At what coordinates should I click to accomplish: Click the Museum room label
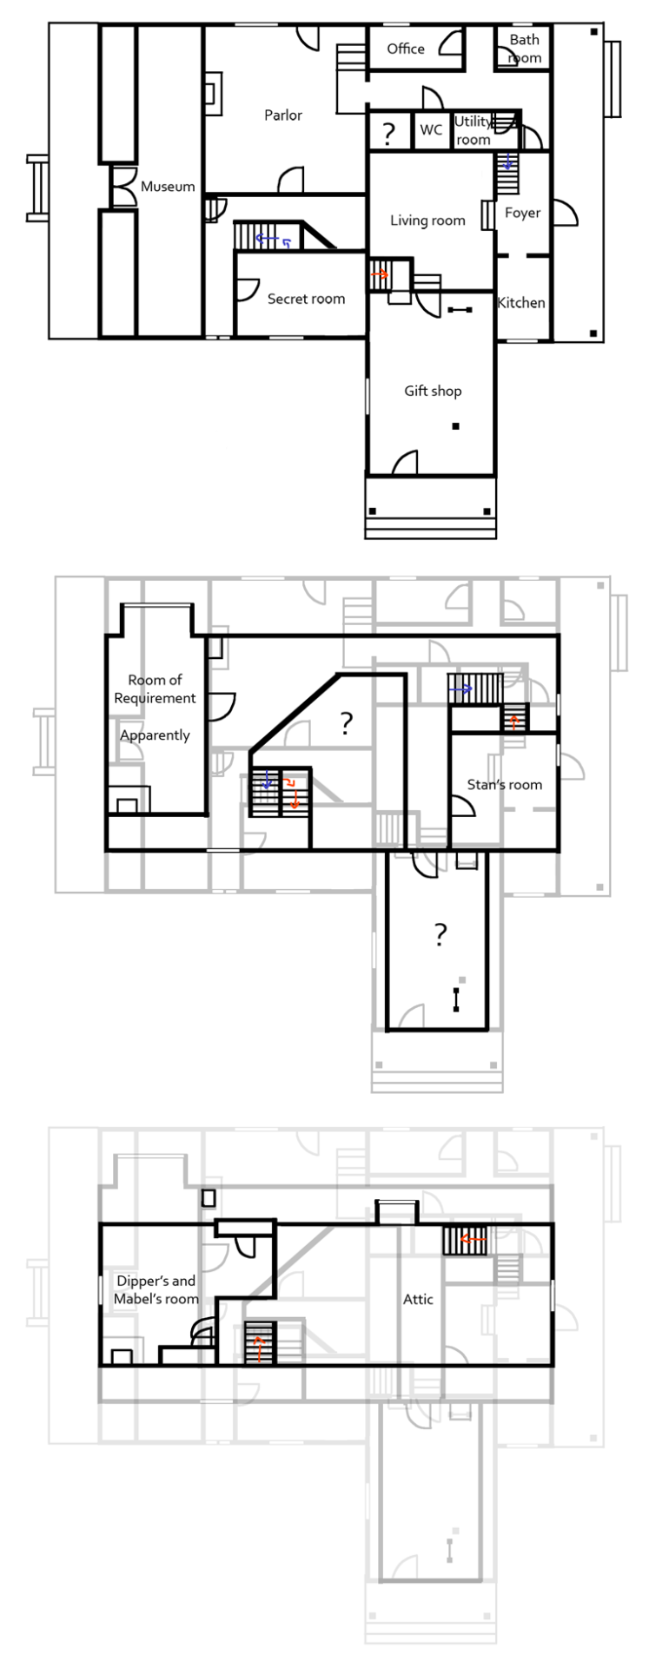(x=168, y=187)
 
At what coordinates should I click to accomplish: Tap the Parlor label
(x=283, y=115)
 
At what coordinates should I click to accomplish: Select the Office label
(x=406, y=49)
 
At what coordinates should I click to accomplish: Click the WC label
(x=431, y=129)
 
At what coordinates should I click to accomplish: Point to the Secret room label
(x=306, y=299)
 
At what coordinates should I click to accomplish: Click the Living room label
(x=427, y=221)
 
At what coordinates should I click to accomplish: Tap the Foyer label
(x=523, y=214)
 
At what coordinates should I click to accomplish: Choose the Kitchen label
(x=521, y=303)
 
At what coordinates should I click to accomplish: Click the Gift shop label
(x=433, y=392)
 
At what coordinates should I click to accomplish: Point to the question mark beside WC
(x=388, y=133)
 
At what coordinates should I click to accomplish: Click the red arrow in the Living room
(x=379, y=274)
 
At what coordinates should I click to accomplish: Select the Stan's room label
(x=504, y=785)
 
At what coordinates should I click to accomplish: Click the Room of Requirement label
(x=155, y=689)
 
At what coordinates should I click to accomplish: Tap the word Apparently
(x=155, y=736)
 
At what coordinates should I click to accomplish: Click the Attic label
(x=418, y=1300)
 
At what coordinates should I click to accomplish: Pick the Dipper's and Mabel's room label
(x=156, y=1290)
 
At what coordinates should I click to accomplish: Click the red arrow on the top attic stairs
(x=473, y=1240)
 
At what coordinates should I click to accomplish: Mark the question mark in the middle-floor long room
(x=440, y=935)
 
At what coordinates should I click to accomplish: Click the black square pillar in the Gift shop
(x=455, y=426)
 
